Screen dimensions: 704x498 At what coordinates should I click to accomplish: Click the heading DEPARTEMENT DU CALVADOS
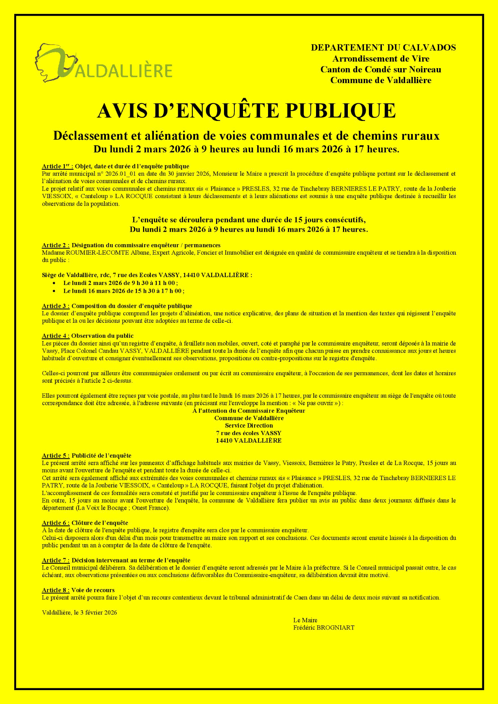tap(383, 48)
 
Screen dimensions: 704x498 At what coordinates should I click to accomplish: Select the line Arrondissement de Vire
tap(381, 59)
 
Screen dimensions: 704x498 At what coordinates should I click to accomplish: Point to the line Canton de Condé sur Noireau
tap(380, 70)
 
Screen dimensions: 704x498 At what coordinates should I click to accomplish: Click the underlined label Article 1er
tap(57, 166)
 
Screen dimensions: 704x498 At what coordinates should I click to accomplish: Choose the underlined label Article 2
tap(55, 245)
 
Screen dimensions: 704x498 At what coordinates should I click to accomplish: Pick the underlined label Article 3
tap(55, 306)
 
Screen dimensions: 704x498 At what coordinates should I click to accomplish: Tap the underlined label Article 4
tap(55, 336)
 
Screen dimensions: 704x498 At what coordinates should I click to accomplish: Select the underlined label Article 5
tap(55, 456)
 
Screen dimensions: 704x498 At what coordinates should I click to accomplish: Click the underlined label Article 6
tap(55, 523)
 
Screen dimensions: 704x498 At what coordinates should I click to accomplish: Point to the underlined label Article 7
tap(55, 560)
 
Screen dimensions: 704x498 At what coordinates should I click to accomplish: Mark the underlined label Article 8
tap(55, 590)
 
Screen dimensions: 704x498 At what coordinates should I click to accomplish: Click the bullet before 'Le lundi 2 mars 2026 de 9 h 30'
tap(55, 283)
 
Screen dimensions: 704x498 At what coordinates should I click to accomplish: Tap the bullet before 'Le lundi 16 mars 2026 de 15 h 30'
tap(55, 291)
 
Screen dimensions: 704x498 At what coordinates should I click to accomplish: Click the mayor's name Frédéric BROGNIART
tap(324, 628)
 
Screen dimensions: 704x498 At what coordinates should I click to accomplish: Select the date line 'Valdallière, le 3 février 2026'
tap(79, 613)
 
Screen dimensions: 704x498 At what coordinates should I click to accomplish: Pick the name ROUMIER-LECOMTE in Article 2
tap(97, 253)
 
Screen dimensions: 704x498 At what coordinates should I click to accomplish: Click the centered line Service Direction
tap(249, 425)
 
